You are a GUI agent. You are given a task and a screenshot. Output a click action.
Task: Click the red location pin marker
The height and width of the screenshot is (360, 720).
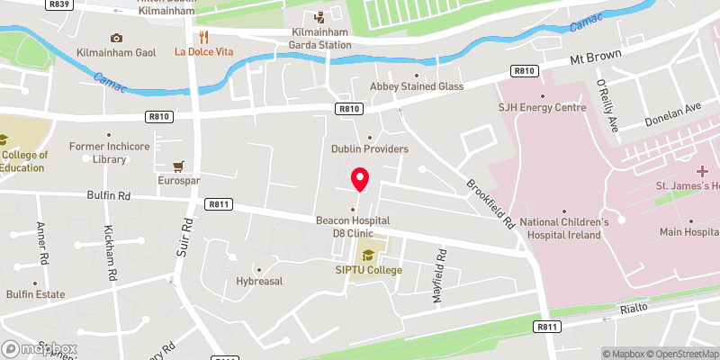pyautogui.click(x=359, y=179)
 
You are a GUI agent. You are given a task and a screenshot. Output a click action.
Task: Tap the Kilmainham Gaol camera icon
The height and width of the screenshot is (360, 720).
pyautogui.click(x=116, y=38)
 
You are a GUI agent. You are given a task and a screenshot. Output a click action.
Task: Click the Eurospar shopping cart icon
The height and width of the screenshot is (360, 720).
pyautogui.click(x=178, y=166)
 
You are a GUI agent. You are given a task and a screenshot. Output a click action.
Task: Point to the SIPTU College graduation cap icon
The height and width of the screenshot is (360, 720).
pyautogui.click(x=367, y=255)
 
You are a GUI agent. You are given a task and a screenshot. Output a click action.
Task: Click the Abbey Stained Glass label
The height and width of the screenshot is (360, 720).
pyautogui.click(x=417, y=86)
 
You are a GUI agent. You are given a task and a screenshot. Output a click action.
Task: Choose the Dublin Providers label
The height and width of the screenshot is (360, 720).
pyautogui.click(x=370, y=148)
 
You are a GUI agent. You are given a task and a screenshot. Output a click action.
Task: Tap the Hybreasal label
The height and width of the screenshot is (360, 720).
pyautogui.click(x=259, y=281)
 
